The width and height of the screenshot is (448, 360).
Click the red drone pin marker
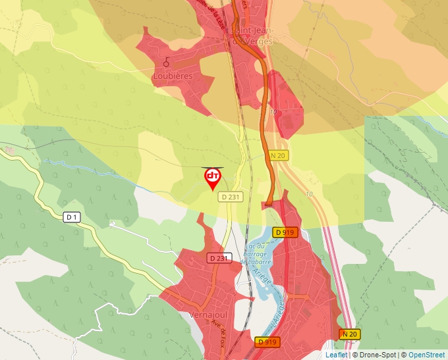(212, 178)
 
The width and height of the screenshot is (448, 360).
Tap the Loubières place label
(172, 76)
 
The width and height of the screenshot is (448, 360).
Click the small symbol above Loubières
(167, 63)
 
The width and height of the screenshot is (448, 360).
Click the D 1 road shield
(72, 217)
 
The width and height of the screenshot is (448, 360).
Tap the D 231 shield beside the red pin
(231, 196)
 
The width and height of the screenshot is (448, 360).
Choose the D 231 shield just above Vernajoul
(218, 258)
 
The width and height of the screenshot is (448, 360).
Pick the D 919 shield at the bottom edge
(267, 342)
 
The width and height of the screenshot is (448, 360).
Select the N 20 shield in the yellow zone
(278, 155)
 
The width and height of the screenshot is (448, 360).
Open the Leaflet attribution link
(336, 355)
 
